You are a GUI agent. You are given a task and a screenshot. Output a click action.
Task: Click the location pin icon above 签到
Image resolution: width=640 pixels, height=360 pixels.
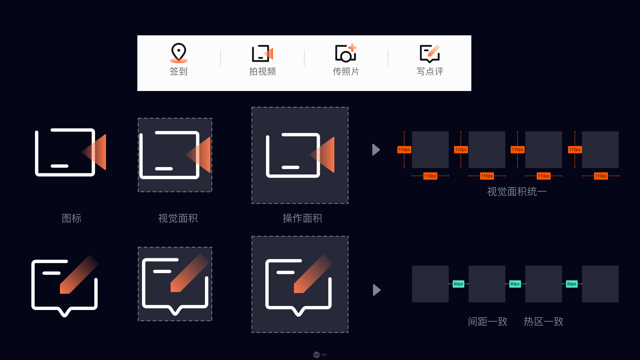point(179,53)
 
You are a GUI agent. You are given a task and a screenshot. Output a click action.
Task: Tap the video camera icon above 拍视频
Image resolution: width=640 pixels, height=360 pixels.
point(262,53)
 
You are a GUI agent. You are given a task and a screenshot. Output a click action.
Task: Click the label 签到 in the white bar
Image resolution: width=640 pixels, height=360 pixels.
point(179,71)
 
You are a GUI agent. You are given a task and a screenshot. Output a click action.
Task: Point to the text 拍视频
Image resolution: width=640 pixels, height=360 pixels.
point(262,71)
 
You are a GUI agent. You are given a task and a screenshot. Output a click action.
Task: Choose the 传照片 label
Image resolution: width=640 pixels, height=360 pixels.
point(346,71)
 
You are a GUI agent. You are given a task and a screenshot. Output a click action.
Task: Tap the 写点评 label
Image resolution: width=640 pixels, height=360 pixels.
point(430,71)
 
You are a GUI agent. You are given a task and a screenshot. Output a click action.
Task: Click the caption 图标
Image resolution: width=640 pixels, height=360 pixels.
point(72,218)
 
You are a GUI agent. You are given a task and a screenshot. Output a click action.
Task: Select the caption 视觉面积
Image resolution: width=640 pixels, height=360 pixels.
point(178,218)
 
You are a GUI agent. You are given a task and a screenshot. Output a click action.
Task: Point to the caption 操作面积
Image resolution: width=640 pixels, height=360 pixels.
point(302,218)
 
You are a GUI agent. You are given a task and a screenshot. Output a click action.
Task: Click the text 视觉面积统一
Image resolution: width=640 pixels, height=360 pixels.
point(517,192)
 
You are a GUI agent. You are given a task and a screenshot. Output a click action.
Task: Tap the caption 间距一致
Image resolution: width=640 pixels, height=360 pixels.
point(488,321)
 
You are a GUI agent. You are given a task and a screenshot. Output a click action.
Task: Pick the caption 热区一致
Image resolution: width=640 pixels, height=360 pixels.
point(543,321)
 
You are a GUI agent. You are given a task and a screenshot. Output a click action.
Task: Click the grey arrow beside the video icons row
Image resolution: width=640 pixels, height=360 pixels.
point(376,150)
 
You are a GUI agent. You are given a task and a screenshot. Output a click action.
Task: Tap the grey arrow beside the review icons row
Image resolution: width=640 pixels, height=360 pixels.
point(377,290)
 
